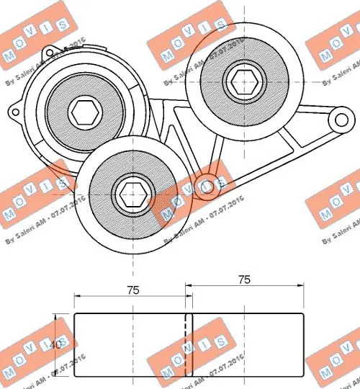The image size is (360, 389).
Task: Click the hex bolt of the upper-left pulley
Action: pos(85,112)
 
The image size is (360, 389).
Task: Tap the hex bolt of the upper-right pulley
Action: pos(240,76)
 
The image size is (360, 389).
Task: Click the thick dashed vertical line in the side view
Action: pos(186,346)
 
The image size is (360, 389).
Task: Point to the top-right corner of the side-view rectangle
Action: pos(302,315)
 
